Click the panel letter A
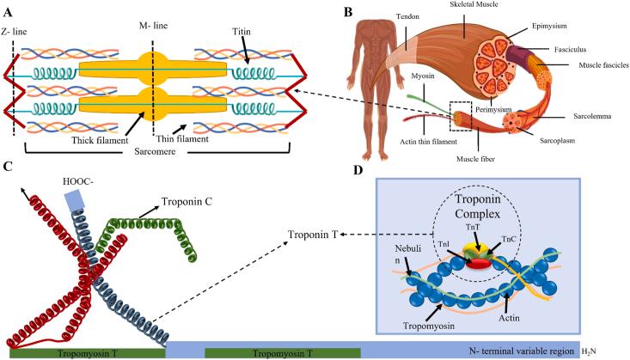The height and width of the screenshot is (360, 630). coord(8,11)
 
